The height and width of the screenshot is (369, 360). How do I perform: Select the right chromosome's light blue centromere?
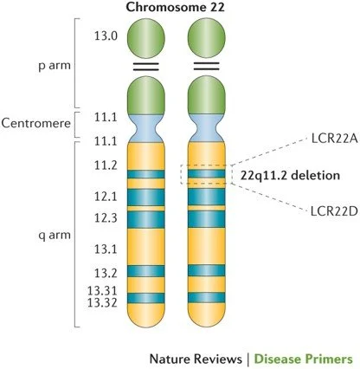209,129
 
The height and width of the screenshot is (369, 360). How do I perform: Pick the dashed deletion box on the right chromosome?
209,174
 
